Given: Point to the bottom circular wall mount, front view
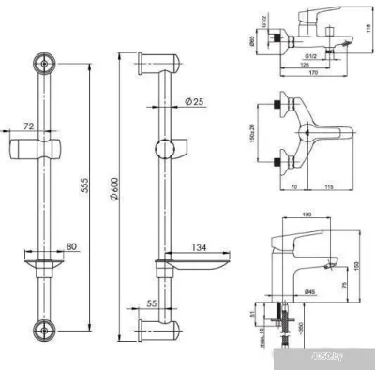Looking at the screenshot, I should coord(41,329).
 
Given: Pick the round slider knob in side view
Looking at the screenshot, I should coord(169,149).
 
